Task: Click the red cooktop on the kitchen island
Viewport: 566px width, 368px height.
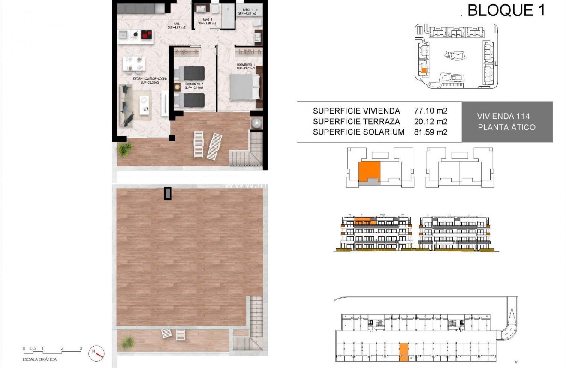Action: point(147,35)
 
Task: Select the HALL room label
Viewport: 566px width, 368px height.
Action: point(176,24)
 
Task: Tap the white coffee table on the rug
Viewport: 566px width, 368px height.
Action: point(145,105)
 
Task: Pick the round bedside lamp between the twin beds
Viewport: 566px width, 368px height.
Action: point(178,87)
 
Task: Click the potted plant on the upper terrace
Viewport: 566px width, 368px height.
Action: point(125,149)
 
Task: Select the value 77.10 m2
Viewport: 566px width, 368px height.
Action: point(431,111)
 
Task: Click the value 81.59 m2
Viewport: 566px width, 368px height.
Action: point(431,132)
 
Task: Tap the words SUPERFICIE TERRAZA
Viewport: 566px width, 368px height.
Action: point(356,122)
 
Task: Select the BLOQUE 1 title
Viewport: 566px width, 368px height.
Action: point(506,10)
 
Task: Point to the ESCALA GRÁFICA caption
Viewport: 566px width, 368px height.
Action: point(39,360)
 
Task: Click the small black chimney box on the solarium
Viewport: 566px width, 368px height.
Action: point(167,194)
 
